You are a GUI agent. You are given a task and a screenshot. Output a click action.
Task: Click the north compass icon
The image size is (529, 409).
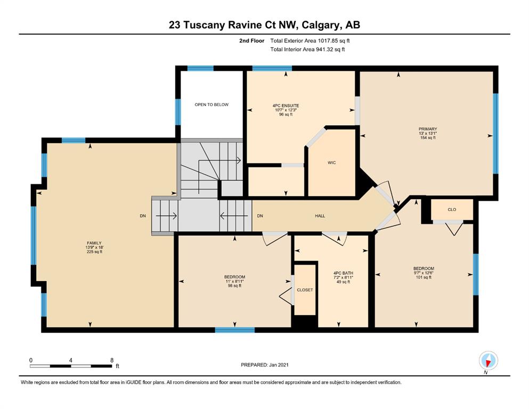(488, 361)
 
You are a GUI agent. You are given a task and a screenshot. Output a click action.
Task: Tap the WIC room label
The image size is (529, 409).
(332, 162)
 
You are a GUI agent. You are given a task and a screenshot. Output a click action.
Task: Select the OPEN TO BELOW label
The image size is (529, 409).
(211, 104)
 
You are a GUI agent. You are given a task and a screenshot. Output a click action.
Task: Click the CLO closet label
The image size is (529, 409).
(452, 209)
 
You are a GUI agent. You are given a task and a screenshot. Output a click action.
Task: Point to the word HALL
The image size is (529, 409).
(320, 216)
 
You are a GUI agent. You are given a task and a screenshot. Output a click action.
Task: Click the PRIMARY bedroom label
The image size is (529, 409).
(428, 129)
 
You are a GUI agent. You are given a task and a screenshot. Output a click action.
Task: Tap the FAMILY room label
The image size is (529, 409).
(94, 243)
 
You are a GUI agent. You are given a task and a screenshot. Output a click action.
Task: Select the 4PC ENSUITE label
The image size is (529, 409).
(286, 105)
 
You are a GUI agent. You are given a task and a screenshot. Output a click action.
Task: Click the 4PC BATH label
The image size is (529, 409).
(343, 273)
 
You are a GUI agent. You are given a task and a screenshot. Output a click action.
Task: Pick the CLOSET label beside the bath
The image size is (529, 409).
(305, 290)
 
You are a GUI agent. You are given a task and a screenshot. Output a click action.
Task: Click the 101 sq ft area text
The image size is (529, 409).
(424, 277)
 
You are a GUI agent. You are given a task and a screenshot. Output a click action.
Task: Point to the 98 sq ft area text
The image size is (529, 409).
(234, 285)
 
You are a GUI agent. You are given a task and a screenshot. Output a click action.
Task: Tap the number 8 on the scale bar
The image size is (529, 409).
(112, 360)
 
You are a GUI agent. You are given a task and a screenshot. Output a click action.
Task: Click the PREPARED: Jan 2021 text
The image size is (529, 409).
(264, 365)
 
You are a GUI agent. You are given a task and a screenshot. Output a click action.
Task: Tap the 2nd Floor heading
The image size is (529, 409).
(251, 41)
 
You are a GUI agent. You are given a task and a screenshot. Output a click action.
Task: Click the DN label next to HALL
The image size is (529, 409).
(260, 216)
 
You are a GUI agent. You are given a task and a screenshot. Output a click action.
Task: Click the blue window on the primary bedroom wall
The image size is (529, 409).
(495, 134)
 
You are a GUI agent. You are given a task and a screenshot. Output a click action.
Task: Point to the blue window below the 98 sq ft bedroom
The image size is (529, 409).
(235, 330)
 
